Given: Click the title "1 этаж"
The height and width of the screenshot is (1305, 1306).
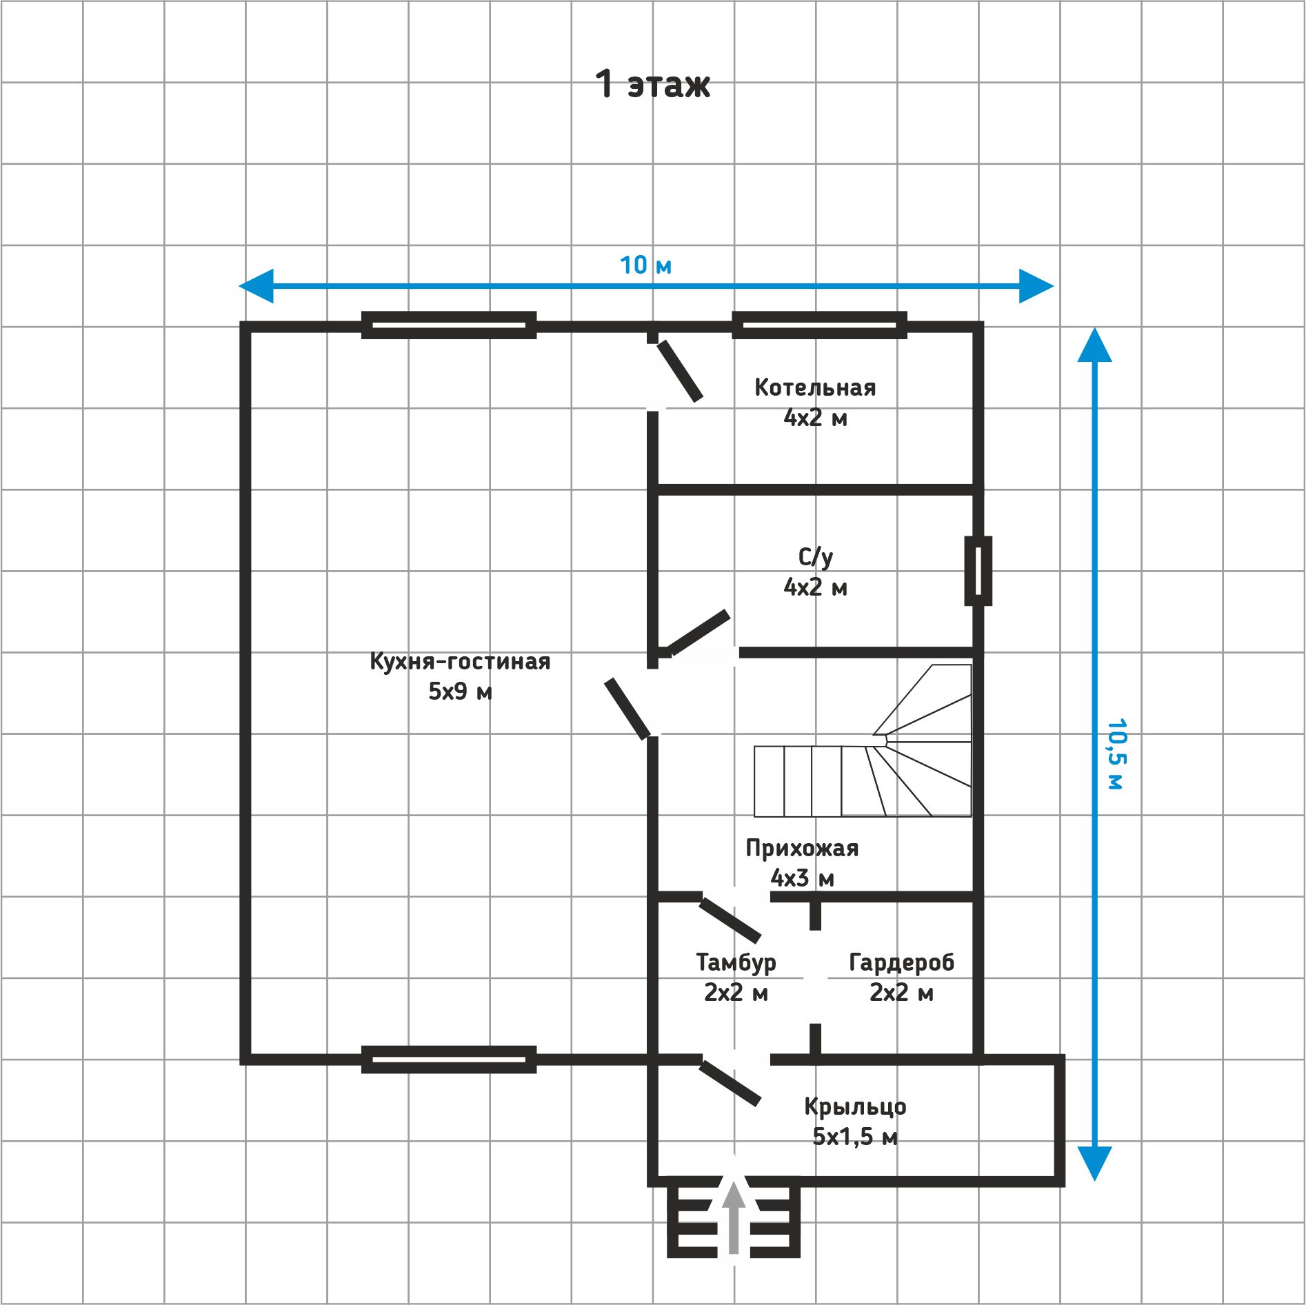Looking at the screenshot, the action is click(652, 84).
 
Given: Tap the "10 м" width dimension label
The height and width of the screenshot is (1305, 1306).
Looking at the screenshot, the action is click(645, 265).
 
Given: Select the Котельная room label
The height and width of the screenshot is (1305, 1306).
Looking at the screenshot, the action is click(815, 403).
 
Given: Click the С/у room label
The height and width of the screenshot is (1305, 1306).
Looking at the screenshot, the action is click(815, 572).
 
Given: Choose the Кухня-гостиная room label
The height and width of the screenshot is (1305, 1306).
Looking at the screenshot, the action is click(460, 676).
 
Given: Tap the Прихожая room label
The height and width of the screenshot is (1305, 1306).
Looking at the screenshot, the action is click(802, 862).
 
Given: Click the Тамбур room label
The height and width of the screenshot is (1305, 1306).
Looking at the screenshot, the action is click(736, 977).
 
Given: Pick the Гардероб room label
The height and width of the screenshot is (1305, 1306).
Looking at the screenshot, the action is click(901, 977).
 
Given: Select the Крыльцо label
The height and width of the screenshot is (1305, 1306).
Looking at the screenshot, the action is click(855, 1121).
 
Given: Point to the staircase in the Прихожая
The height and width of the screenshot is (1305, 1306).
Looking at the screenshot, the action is click(863, 741).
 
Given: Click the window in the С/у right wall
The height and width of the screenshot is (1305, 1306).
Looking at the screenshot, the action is click(978, 571).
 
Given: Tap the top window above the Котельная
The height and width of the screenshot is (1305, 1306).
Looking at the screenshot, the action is click(819, 325).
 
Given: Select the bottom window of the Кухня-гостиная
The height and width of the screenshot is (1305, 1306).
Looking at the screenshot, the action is click(449, 1060).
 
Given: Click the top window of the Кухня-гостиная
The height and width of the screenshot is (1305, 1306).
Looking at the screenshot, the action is click(449, 325).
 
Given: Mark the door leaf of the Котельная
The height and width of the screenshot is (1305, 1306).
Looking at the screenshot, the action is click(679, 371).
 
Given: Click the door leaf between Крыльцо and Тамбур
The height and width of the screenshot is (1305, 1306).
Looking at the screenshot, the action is click(730, 1083).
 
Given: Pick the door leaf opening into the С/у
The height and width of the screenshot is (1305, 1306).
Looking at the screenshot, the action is click(699, 632).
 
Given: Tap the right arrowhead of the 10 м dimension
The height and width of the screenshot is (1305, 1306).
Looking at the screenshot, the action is click(1036, 285).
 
